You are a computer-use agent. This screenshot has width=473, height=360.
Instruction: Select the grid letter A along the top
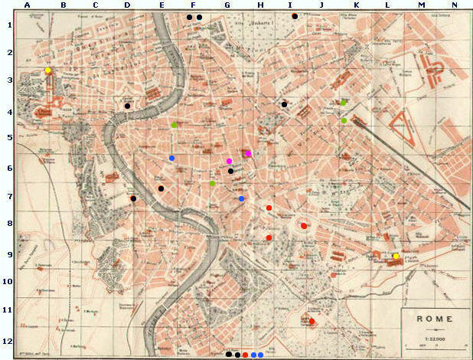pyautogui.click(x=27, y=5)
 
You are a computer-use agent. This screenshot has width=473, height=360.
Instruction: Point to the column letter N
pyautogui.click(x=455, y=5)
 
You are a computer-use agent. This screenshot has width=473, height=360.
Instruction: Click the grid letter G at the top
pyautogui.click(x=227, y=5)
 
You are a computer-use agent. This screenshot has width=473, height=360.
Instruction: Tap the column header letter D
pyautogui.click(x=127, y=5)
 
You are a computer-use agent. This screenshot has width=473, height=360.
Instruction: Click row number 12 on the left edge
pyautogui.click(x=7, y=341)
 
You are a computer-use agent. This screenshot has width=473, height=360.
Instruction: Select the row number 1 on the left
pyautogui.click(x=7, y=25)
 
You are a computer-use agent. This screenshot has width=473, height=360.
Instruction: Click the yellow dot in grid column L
pyautogui.click(x=396, y=257)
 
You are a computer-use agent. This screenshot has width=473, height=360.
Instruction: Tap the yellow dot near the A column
pyautogui.click(x=47, y=70)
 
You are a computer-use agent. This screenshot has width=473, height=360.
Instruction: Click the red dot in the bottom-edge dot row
pyautogui.click(x=245, y=355)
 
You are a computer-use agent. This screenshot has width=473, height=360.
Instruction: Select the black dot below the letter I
pyautogui.click(x=294, y=16)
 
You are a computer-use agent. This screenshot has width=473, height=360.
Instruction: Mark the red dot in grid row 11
pyautogui.click(x=312, y=321)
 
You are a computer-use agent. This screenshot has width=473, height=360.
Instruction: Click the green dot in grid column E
pyautogui.click(x=175, y=125)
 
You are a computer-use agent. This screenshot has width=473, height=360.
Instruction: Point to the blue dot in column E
pyautogui.click(x=171, y=159)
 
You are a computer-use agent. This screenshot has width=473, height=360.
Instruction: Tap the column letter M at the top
pyautogui.click(x=421, y=5)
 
